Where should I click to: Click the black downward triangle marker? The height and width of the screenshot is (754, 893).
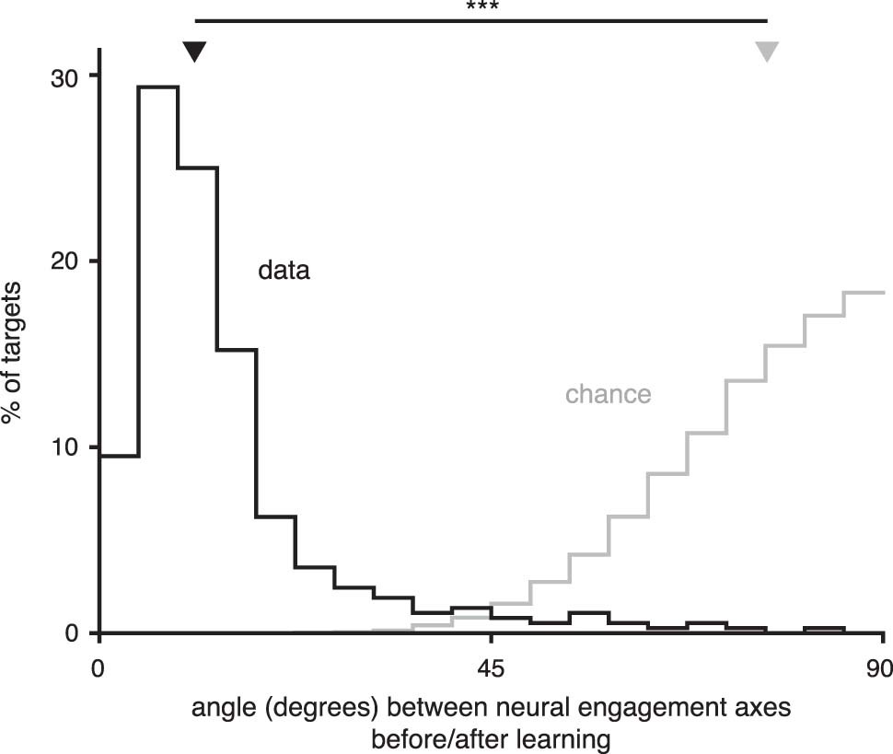pos(193,52)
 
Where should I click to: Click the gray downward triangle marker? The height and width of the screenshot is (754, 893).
pos(767,52)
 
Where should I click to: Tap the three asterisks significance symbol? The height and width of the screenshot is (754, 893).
pos(480,7)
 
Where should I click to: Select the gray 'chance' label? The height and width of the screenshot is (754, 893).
pos(608,395)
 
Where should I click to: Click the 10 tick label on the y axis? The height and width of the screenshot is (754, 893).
pos(62,447)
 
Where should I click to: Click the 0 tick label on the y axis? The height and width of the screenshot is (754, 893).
pos(70,632)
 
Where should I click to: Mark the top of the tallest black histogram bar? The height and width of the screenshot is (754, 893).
pos(157,87)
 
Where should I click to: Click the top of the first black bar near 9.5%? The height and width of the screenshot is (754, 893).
pos(118,456)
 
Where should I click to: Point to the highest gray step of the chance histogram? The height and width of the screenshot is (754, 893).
pos(864,292)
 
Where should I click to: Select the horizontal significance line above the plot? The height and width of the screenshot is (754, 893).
pos(480,20)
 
